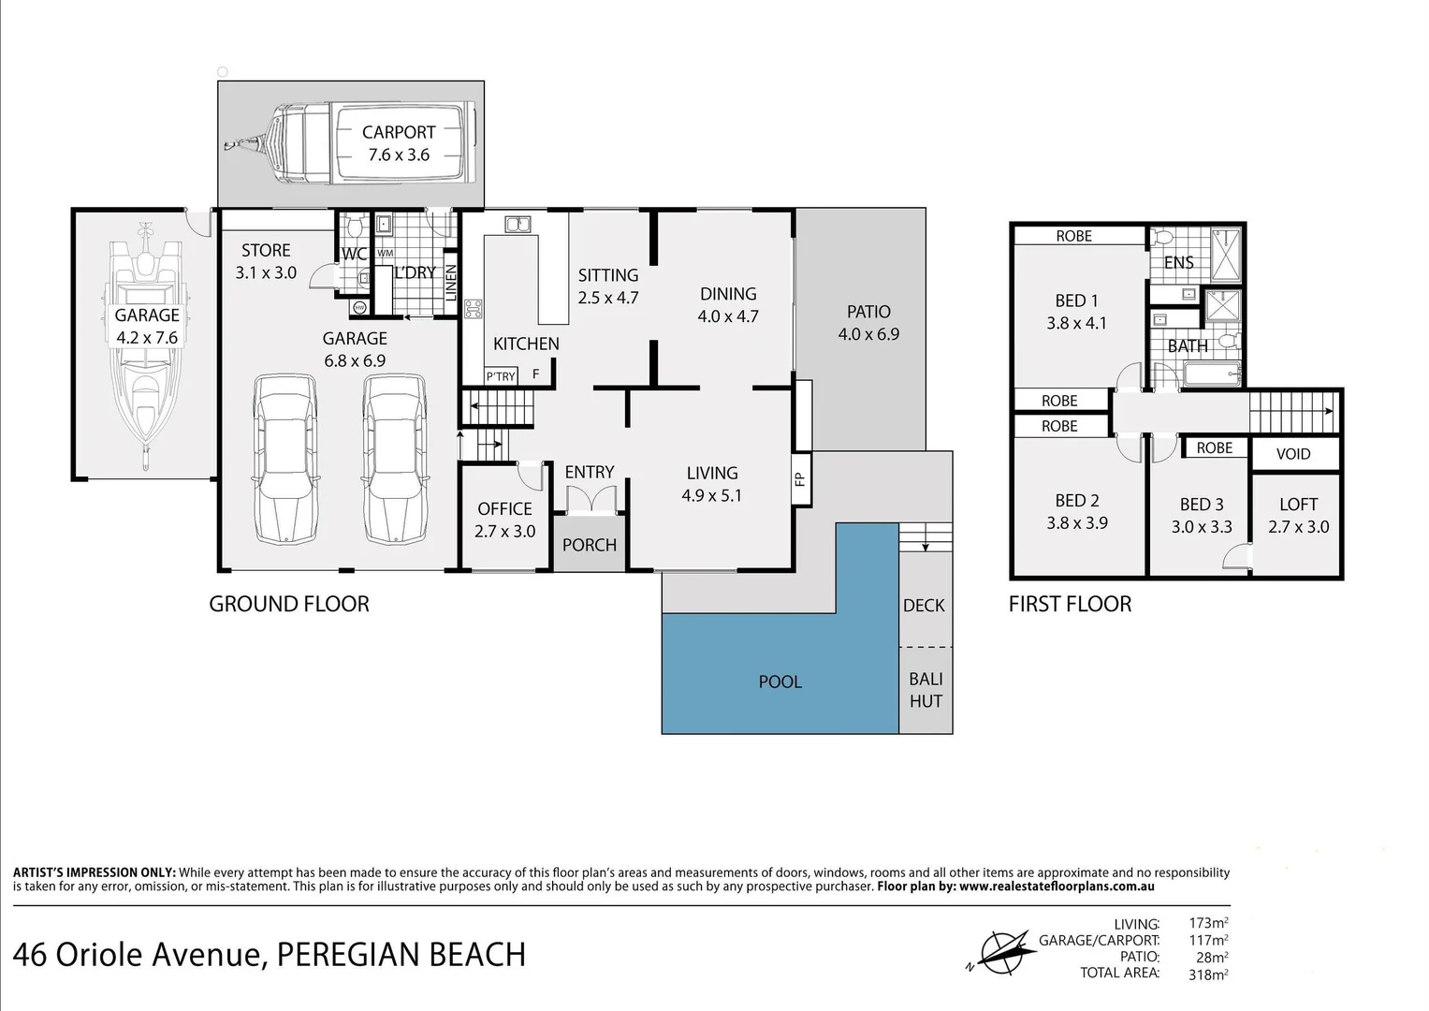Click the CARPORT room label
click(399, 132)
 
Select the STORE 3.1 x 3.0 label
click(266, 261)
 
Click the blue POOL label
click(780, 681)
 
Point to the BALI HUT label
click(926, 690)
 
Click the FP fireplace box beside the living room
click(801, 478)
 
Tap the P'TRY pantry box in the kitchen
click(501, 376)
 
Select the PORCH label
click(590, 545)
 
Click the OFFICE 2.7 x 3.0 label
click(504, 520)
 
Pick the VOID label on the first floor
click(1293, 454)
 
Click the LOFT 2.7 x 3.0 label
click(1298, 515)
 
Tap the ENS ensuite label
click(1178, 262)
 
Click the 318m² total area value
click(1208, 974)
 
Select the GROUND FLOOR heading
click(289, 604)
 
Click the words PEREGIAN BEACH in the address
click(401, 955)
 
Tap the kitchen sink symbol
click(518, 224)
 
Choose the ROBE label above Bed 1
click(1073, 236)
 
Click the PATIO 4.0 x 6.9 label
click(868, 322)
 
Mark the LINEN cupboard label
click(451, 282)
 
